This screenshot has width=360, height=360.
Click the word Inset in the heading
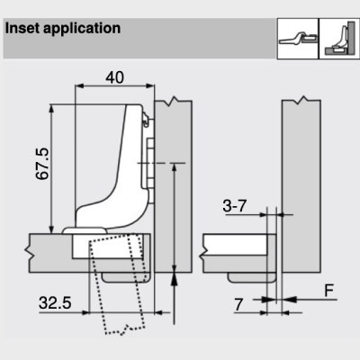(x=22, y=28)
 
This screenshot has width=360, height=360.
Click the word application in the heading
(x=82, y=29)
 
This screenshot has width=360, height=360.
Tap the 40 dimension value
(x=114, y=77)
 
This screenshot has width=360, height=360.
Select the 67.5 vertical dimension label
(x=42, y=164)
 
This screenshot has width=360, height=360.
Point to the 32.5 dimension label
(x=55, y=302)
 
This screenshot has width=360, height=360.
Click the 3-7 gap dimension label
(x=234, y=206)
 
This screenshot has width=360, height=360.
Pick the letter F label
(x=329, y=290)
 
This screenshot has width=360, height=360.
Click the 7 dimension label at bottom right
(x=238, y=305)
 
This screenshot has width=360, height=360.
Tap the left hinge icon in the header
(x=298, y=39)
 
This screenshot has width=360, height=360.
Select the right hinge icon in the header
(x=339, y=39)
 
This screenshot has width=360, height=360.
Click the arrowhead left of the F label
(x=289, y=299)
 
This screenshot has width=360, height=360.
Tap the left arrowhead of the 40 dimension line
(x=79, y=86)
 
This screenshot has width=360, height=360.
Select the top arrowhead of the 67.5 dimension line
(x=51, y=109)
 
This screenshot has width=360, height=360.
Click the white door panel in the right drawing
(x=235, y=245)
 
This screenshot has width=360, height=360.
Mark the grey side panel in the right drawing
(x=301, y=186)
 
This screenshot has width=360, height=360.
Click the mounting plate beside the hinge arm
(x=149, y=162)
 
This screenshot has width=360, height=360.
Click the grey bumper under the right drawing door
(x=251, y=277)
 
